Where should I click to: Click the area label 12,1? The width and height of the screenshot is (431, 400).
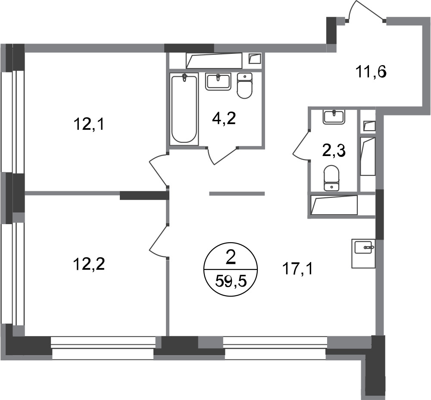coord(88,125)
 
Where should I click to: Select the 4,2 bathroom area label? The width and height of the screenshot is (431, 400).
coord(224,119)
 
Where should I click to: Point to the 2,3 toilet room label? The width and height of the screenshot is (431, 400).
coord(334,151)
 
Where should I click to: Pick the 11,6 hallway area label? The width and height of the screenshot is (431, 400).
coord(371,72)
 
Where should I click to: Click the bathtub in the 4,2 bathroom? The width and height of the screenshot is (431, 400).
coord(184,109)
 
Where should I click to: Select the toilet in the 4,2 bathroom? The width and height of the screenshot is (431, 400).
coord(244,86)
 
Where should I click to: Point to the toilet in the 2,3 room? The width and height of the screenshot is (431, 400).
coord(331,178)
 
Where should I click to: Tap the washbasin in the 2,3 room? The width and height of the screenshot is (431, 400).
coord(334,117)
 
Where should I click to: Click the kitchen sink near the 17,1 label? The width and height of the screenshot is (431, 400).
coord(363,253)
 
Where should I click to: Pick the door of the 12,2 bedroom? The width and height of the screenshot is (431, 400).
coord(157,241)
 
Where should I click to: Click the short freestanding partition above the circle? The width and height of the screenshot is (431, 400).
coord(237,194)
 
